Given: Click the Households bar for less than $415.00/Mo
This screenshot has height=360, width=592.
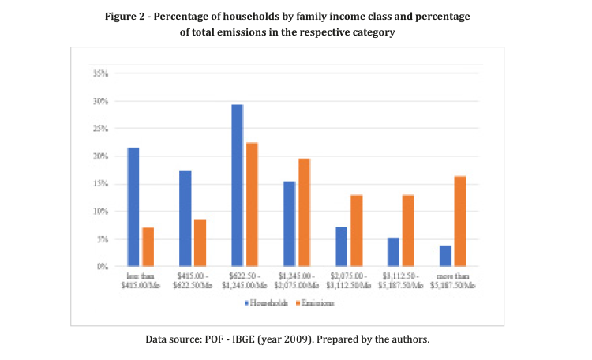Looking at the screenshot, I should pyautogui.click(x=133, y=207).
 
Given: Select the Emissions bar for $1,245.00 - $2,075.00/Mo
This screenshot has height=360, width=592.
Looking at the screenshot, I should pyautogui.click(x=305, y=212).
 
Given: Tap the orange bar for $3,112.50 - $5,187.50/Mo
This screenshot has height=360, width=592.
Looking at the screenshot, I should pyautogui.click(x=408, y=231).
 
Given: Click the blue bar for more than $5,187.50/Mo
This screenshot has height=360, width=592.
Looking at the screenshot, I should pyautogui.click(x=445, y=256).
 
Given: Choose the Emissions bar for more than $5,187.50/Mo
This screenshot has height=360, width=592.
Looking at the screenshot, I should pyautogui.click(x=460, y=221).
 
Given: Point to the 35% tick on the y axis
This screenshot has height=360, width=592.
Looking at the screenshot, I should pyautogui.click(x=100, y=73).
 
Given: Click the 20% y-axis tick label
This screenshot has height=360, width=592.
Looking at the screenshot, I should pyautogui.click(x=100, y=156).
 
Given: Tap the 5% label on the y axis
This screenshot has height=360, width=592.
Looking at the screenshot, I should pyautogui.click(x=103, y=239).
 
